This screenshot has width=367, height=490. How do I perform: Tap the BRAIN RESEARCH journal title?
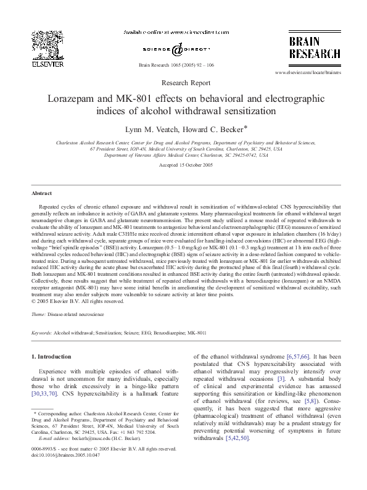[x=311, y=47]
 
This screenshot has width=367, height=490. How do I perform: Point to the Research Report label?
[x=183, y=82]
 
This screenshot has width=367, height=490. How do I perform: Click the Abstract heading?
[x=41, y=193]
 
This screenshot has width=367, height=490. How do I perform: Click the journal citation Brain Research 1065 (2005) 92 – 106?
[x=183, y=64]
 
